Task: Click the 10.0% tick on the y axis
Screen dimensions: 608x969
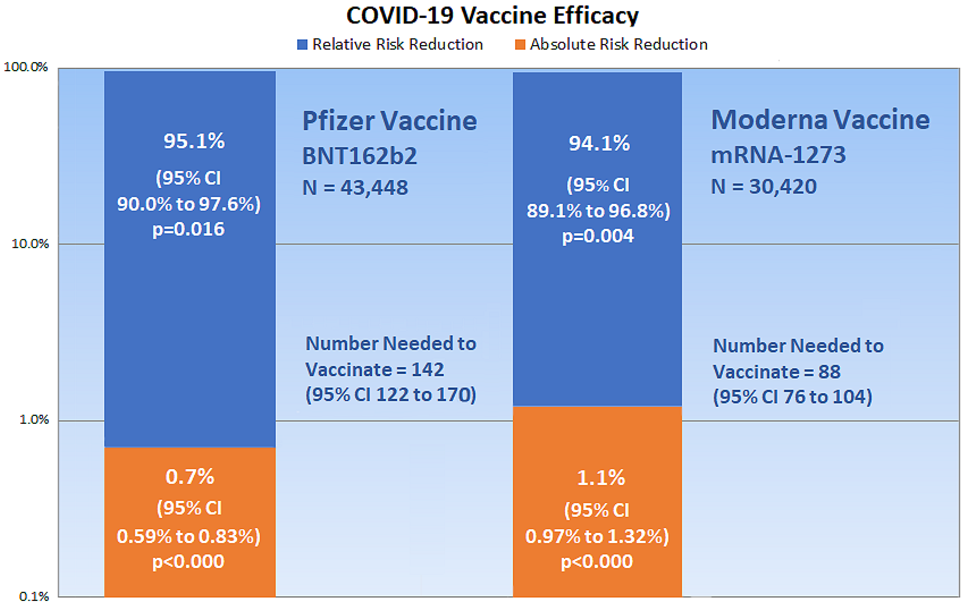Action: [30, 244]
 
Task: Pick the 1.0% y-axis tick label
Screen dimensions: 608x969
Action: [34, 420]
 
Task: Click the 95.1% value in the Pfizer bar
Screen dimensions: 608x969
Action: [194, 141]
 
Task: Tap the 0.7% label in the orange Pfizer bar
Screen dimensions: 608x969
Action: [190, 477]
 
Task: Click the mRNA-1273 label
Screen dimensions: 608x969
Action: [778, 155]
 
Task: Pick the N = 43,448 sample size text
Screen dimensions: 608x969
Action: [355, 187]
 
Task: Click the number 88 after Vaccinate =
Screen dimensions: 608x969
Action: [829, 371]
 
